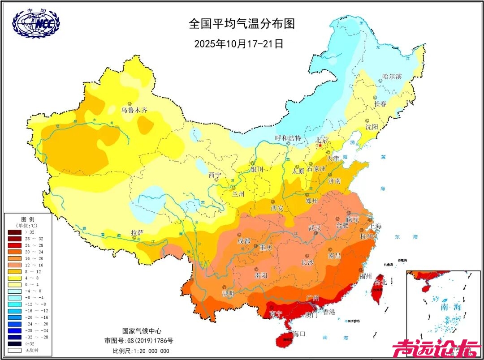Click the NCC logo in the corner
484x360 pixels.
click(36, 23)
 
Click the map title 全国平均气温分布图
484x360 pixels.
click(242, 23)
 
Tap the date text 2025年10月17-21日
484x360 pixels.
click(238, 43)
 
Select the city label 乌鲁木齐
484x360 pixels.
click(134, 110)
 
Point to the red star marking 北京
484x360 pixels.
click(320, 146)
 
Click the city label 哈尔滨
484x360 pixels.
click(392, 77)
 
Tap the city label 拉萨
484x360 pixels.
click(137, 232)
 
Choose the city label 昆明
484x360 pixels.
click(228, 294)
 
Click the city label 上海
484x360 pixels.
click(376, 227)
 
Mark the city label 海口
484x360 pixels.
click(298, 334)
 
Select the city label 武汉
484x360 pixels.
click(315, 228)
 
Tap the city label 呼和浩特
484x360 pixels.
click(288, 138)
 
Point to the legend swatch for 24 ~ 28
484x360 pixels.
click(15, 246)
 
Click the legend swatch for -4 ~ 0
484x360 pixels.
click(15, 291)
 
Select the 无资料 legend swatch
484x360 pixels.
click(15, 350)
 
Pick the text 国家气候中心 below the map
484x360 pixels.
click(142, 331)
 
